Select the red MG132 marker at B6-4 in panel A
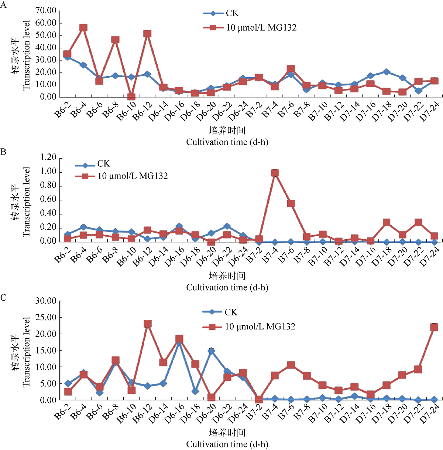point(83,28)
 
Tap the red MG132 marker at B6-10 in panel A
point(131,97)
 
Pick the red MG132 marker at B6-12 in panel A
point(147,34)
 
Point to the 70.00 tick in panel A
point(46,11)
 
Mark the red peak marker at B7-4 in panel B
point(275,173)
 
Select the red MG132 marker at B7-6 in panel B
point(291,203)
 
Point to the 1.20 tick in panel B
point(48,158)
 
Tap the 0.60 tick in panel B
point(48,200)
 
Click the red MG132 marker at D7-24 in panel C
point(434,327)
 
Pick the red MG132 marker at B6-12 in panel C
point(147,324)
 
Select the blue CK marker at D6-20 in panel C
point(211,351)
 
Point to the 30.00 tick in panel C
point(46,301)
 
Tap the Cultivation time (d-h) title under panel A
point(227,142)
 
